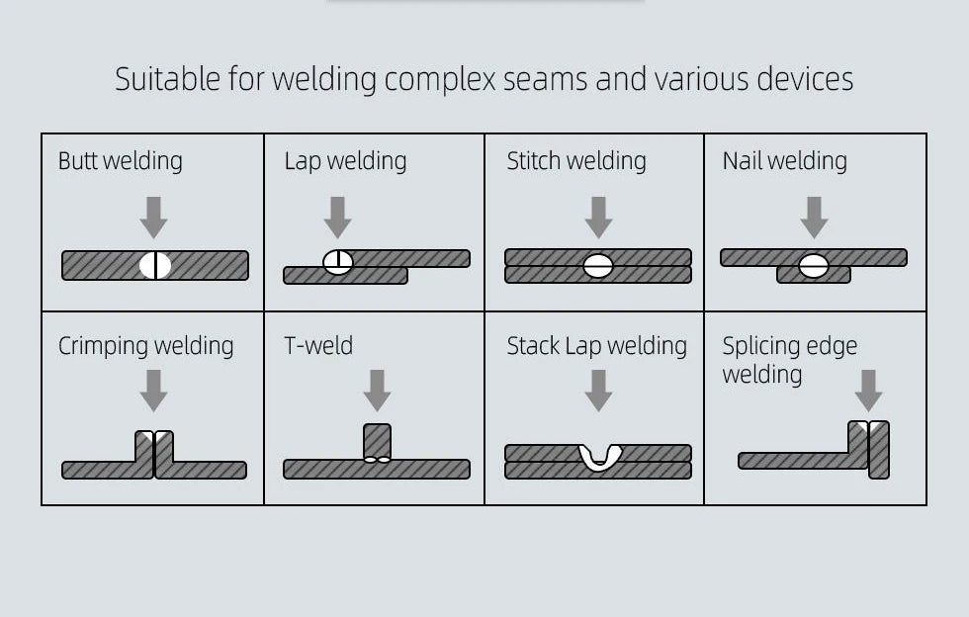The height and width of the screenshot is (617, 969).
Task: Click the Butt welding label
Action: coord(120,161)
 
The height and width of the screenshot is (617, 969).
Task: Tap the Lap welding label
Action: coord(345,161)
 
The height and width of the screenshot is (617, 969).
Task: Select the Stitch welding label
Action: coord(576,161)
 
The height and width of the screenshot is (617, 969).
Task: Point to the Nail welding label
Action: coord(784,161)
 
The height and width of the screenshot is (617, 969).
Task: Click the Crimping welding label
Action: coord(145,346)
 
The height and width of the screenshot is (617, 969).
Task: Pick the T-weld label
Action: coord(317,346)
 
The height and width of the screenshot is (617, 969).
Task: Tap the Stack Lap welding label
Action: coord(596,346)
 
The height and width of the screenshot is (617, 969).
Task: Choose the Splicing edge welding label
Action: coord(789,360)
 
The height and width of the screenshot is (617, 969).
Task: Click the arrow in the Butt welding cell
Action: coord(153,217)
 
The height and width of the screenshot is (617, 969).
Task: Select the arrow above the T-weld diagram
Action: coord(377,390)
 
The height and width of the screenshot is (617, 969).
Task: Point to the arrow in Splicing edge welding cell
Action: coord(868,390)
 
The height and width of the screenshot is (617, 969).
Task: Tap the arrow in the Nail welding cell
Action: coord(814,217)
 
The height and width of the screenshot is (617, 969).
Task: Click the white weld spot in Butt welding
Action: coord(155,265)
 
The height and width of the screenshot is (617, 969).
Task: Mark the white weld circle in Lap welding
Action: coord(338,262)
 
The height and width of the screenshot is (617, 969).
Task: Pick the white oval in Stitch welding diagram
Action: coord(598,265)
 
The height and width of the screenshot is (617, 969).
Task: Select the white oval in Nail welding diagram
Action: coord(814,265)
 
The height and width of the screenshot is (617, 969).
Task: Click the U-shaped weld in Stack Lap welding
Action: coord(599,457)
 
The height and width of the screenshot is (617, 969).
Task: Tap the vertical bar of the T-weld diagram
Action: coord(377,441)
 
